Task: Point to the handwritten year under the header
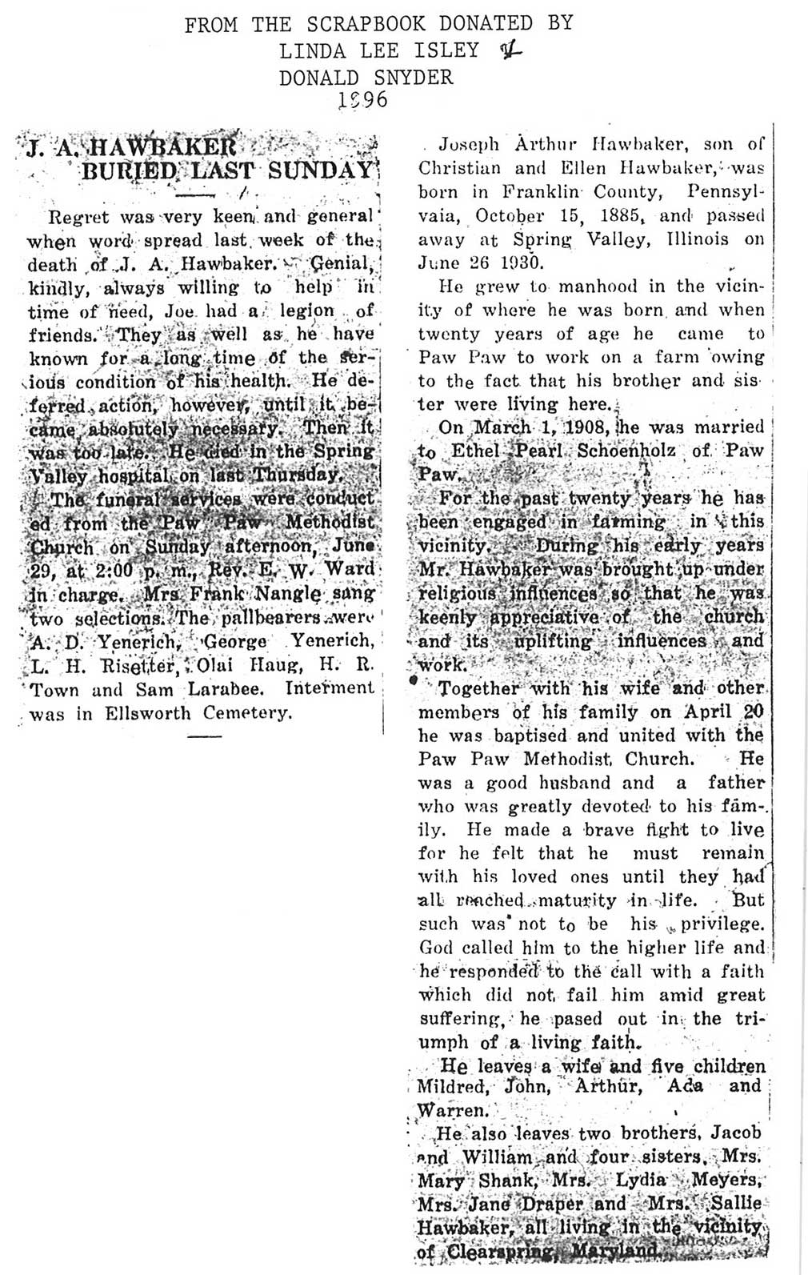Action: tap(362, 100)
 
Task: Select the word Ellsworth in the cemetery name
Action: tap(138, 713)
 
